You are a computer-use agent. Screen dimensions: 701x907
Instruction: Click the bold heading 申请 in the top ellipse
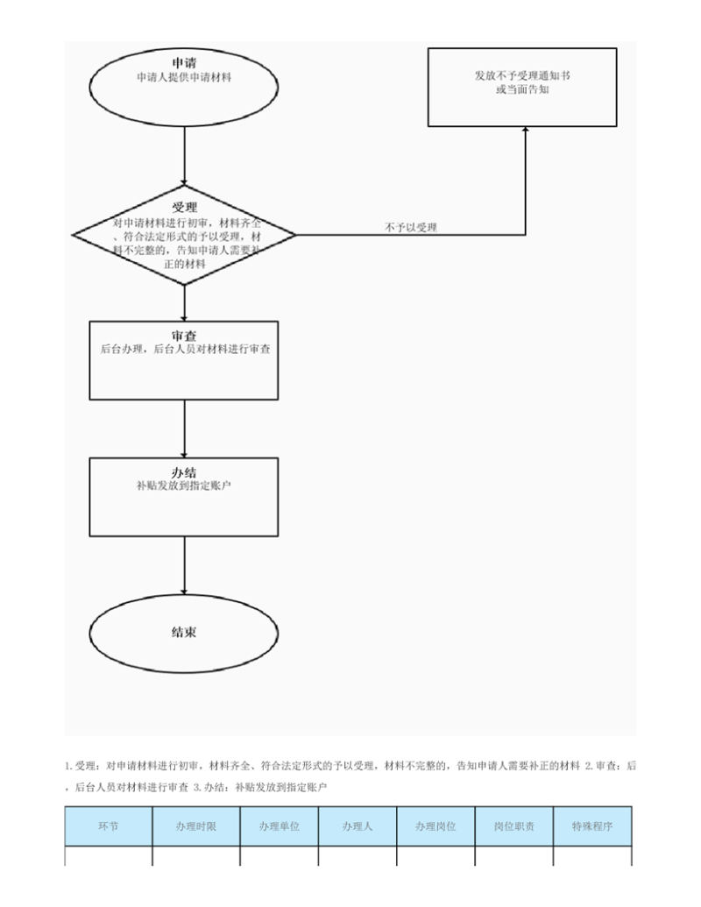[184, 63]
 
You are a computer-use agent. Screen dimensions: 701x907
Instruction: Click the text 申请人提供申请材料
[184, 77]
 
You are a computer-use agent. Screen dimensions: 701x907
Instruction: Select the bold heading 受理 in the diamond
[185, 207]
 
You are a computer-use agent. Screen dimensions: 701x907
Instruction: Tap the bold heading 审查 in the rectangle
[184, 336]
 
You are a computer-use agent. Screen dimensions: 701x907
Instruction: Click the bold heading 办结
[184, 472]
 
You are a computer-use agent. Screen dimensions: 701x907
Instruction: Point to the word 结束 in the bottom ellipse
[184, 632]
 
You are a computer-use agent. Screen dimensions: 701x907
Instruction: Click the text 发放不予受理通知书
[522, 75]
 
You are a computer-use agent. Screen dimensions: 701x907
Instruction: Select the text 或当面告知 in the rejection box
[522, 89]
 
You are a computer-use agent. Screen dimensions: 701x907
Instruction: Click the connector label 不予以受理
[411, 227]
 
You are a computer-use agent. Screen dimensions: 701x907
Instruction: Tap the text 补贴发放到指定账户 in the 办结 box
[184, 485]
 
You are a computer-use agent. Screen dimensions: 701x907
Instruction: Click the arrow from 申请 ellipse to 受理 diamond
[185, 156]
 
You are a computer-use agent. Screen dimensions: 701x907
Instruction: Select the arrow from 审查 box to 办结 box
[185, 429]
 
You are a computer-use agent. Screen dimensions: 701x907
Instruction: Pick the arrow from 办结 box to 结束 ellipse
[185, 566]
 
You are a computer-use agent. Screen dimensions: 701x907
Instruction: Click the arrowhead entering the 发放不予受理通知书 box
[525, 131]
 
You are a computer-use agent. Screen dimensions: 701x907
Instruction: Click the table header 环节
[108, 826]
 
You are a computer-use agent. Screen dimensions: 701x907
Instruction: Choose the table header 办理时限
[196, 826]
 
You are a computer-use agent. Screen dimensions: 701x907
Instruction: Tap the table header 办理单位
[280, 826]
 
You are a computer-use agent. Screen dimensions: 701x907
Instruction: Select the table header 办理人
[358, 826]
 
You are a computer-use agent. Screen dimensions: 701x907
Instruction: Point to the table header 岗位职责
[514, 826]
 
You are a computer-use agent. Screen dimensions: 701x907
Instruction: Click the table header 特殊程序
[592, 826]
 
